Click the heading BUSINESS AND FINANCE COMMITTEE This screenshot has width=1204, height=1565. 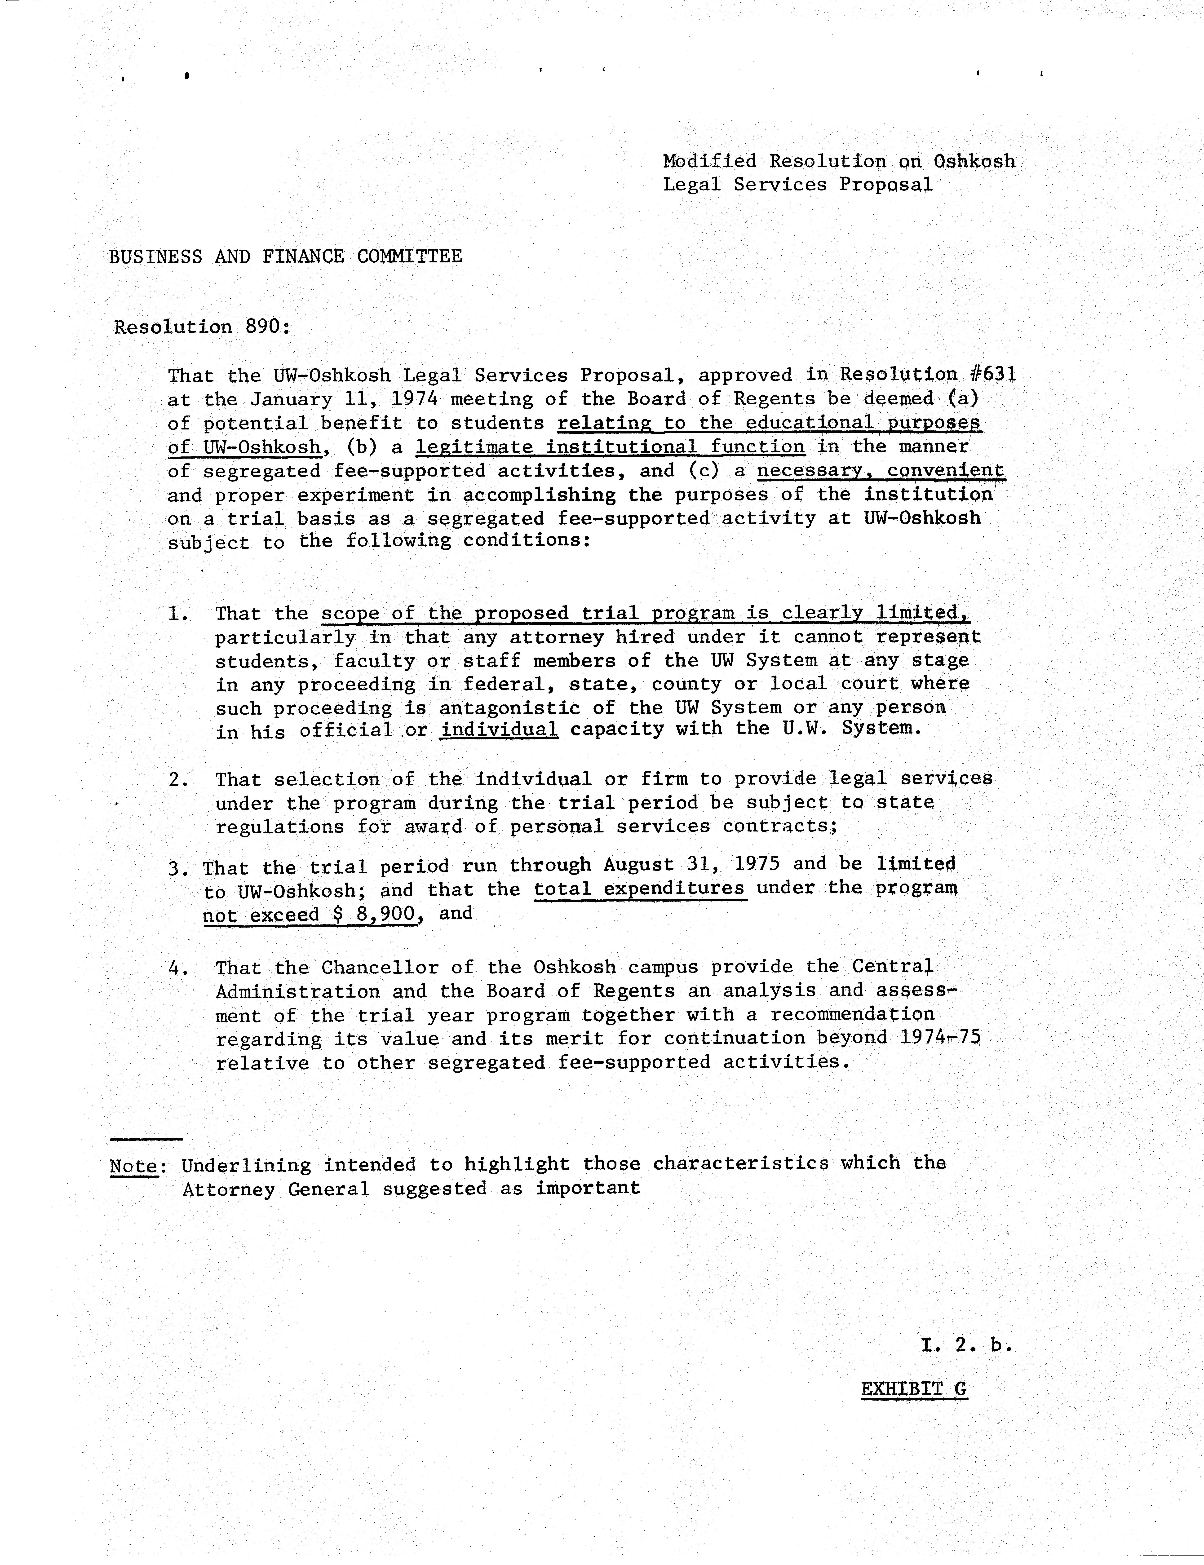285,256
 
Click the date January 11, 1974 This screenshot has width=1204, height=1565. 343,399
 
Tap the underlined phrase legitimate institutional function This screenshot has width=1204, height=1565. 610,447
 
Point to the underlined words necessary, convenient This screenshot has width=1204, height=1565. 881,471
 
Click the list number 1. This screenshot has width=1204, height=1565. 178,614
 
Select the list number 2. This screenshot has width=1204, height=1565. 178,780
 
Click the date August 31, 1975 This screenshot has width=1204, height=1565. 692,865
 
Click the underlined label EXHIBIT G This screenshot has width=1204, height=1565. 914,1389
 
